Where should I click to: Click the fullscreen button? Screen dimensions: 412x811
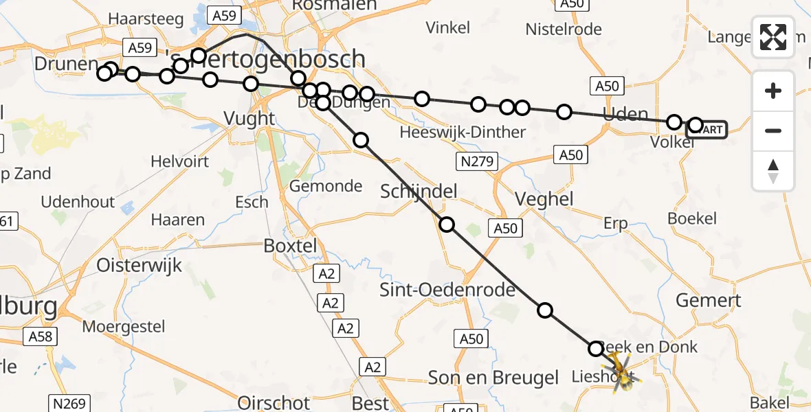pyautogui.click(x=773, y=37)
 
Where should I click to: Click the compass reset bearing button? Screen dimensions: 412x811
pyautogui.click(x=773, y=171)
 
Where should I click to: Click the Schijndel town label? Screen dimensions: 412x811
pyautogui.click(x=419, y=192)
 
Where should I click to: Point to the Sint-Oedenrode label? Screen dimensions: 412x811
pyautogui.click(x=447, y=290)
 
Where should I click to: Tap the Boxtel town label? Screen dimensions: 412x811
pyautogui.click(x=291, y=246)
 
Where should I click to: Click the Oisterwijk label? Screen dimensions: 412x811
pyautogui.click(x=139, y=265)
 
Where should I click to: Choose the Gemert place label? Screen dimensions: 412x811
pyautogui.click(x=708, y=300)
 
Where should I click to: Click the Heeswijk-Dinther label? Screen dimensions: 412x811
pyautogui.click(x=463, y=132)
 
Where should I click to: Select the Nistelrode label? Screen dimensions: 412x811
pyautogui.click(x=564, y=29)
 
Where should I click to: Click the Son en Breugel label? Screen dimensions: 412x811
pyautogui.click(x=493, y=377)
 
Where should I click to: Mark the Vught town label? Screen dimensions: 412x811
pyautogui.click(x=249, y=119)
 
